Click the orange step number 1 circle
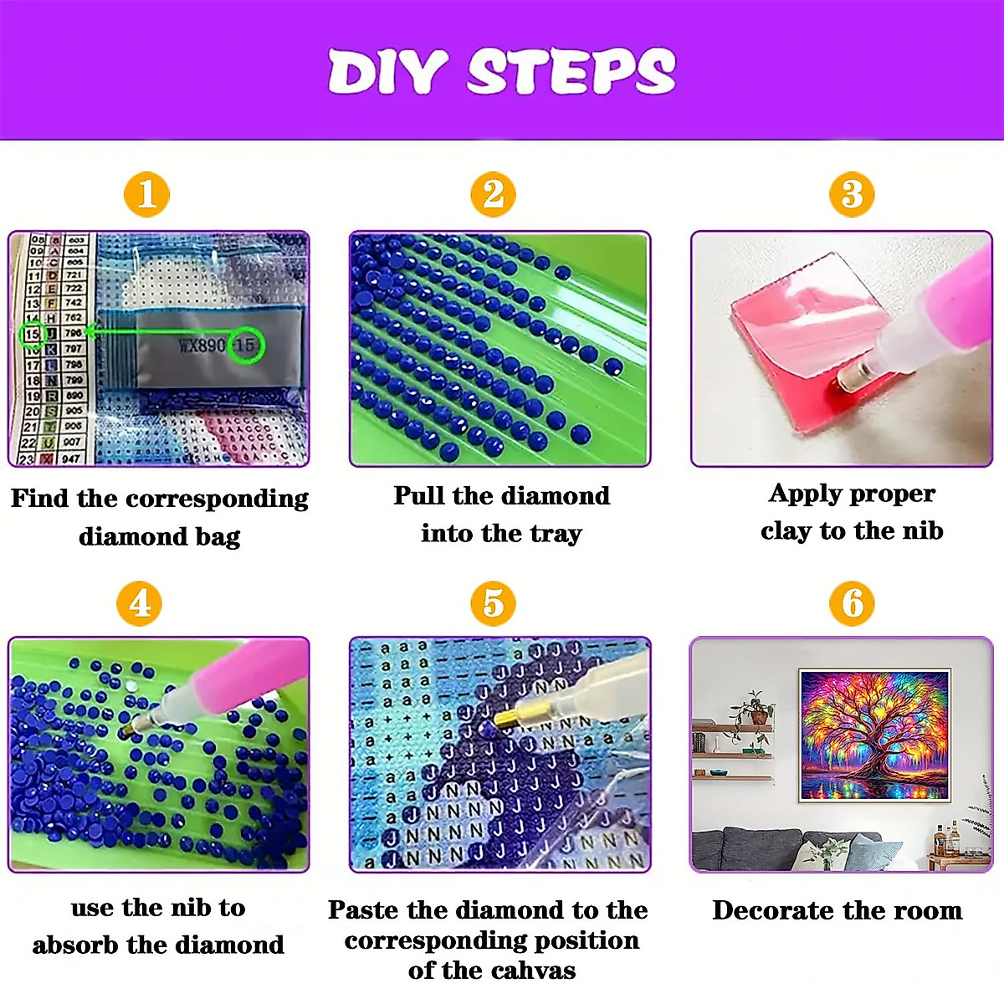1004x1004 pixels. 146,194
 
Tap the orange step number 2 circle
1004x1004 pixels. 494,194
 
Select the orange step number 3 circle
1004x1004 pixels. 852,194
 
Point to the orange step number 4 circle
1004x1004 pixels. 140,603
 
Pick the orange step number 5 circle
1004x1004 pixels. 494,603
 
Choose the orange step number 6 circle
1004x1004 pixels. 852,603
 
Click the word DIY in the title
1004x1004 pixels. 387,72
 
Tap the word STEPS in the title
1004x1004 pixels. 571,72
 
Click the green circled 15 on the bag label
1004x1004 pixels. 246,345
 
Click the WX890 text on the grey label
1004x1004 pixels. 202,345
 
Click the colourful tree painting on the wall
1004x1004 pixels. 874,735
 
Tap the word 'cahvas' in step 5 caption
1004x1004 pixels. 534,971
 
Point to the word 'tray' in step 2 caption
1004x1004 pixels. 556,534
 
